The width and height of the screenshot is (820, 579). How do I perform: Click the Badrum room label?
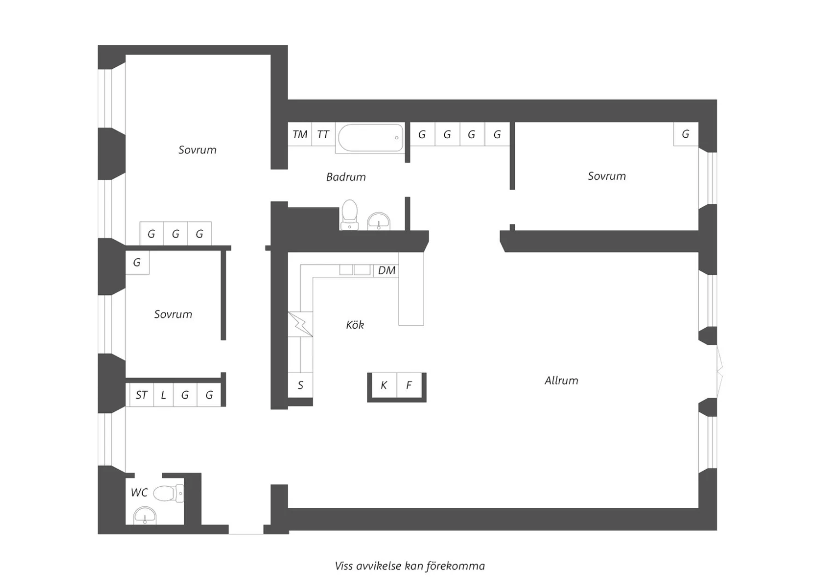click(x=346, y=177)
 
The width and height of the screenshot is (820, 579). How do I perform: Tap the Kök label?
click(x=355, y=325)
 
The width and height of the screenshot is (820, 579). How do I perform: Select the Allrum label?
click(x=561, y=381)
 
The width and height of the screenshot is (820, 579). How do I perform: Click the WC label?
click(x=139, y=493)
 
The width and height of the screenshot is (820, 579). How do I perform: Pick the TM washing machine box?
click(x=300, y=134)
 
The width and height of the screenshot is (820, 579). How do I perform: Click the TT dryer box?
click(x=323, y=134)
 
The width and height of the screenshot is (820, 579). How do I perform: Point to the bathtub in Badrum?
click(x=371, y=138)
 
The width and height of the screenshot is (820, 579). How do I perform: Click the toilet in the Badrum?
click(x=350, y=215)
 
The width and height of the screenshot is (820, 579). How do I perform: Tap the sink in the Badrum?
click(x=379, y=221)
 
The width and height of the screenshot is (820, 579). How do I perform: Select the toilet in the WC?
click(x=168, y=493)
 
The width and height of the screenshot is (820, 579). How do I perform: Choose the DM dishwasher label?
click(x=386, y=271)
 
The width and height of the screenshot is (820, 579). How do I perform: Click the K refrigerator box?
click(x=384, y=385)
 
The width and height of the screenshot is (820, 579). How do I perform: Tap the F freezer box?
click(x=409, y=385)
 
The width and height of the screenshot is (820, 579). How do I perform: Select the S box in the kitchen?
click(x=301, y=385)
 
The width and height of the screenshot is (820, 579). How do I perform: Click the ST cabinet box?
click(x=142, y=395)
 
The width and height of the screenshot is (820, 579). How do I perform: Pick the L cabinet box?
click(x=163, y=395)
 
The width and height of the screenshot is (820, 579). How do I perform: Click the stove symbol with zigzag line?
click(x=301, y=324)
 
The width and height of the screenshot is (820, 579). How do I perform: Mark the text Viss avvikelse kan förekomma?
click(x=410, y=566)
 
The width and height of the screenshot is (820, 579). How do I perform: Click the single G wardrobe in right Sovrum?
click(x=686, y=134)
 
